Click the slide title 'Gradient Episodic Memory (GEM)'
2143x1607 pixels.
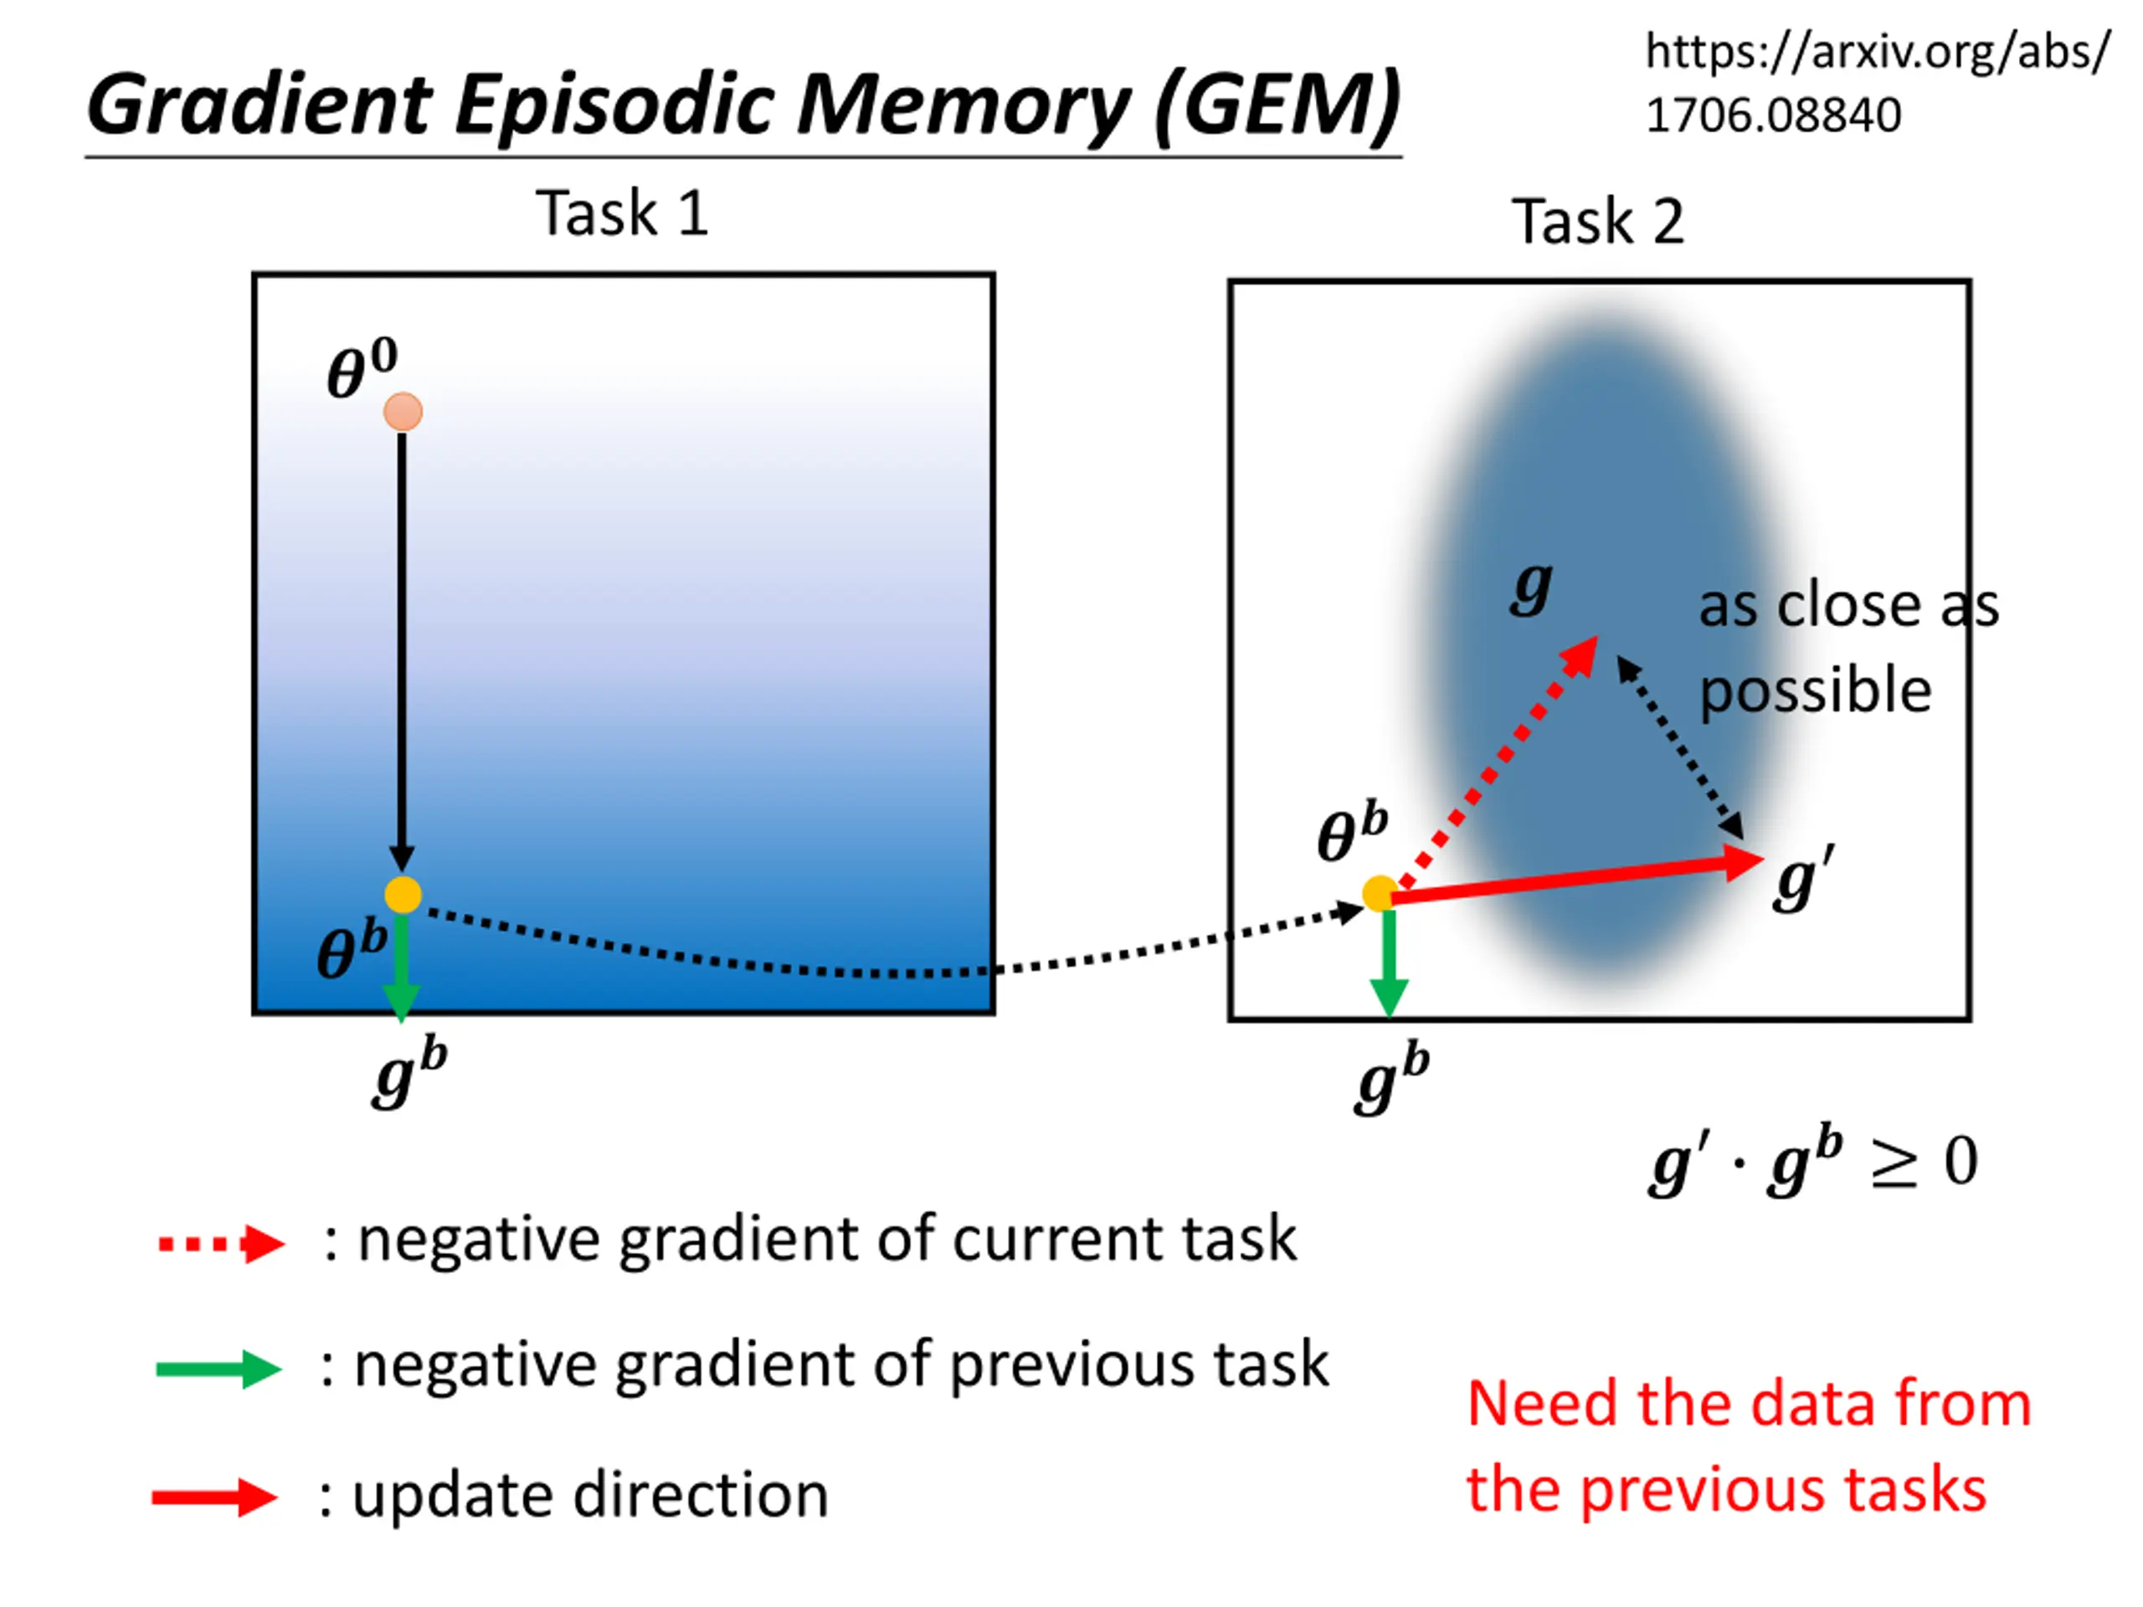743,105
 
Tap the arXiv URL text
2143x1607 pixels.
1877,84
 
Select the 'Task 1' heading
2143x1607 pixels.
622,213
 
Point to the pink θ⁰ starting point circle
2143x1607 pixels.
403,412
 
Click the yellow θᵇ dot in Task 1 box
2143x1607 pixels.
403,895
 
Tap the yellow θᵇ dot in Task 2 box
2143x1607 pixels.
1380,893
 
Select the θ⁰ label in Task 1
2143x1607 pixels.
362,369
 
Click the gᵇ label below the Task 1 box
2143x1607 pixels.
410,1072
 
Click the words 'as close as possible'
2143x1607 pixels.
1848,648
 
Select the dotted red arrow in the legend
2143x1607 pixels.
222,1245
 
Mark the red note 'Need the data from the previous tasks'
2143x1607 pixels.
1749,1446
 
